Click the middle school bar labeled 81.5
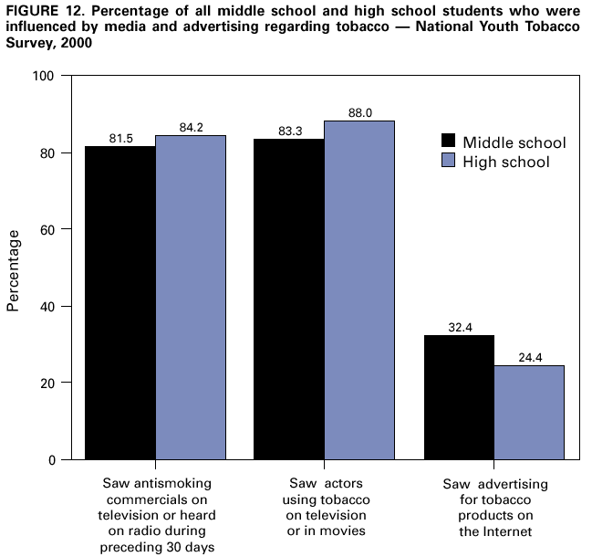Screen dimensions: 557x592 (119, 302)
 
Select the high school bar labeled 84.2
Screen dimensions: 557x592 (190, 297)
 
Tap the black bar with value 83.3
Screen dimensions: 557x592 (289, 299)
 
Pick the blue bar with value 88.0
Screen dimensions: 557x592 (359, 289)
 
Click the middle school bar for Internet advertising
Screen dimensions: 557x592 (459, 397)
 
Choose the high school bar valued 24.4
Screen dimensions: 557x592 (529, 412)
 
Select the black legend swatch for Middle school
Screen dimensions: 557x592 (448, 142)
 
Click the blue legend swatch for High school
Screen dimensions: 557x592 (448, 162)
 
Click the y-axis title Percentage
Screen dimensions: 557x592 (14, 269)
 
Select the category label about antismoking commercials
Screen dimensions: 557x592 (154, 514)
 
